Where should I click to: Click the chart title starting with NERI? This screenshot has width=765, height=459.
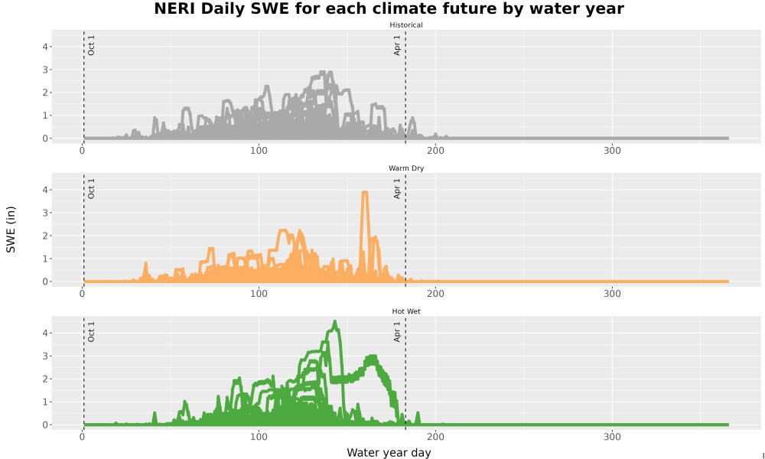pos(389,8)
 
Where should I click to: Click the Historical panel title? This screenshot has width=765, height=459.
pos(406,25)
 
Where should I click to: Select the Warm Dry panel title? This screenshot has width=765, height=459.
pos(406,168)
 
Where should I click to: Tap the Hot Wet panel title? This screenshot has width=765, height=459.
pos(406,311)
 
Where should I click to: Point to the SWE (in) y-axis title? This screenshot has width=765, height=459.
pos(11,229)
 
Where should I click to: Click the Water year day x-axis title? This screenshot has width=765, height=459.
pos(389,453)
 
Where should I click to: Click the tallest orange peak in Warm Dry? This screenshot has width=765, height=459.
pos(364,193)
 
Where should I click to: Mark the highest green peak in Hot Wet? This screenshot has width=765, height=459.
pos(335,322)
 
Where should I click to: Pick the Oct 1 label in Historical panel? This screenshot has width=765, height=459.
pos(91,45)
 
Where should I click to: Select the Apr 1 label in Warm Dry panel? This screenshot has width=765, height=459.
pos(397,188)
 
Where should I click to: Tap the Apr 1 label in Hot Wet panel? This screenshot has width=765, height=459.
pos(397,331)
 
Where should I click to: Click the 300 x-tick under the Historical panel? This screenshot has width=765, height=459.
pos(612,151)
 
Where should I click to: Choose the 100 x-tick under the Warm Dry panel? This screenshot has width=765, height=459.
pos(259,294)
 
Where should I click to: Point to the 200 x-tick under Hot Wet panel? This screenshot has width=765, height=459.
pos(435,437)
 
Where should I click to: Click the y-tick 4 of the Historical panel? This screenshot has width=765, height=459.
pos(45,47)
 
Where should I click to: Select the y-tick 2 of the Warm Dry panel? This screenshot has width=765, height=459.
pos(45,236)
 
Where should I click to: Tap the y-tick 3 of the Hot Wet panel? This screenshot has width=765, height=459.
pos(45,356)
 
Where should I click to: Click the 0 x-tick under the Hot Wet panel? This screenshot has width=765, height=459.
pos(82,437)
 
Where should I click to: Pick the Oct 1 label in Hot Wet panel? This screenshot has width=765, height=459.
pos(91,331)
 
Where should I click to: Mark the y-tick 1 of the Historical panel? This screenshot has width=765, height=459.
pos(45,116)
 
